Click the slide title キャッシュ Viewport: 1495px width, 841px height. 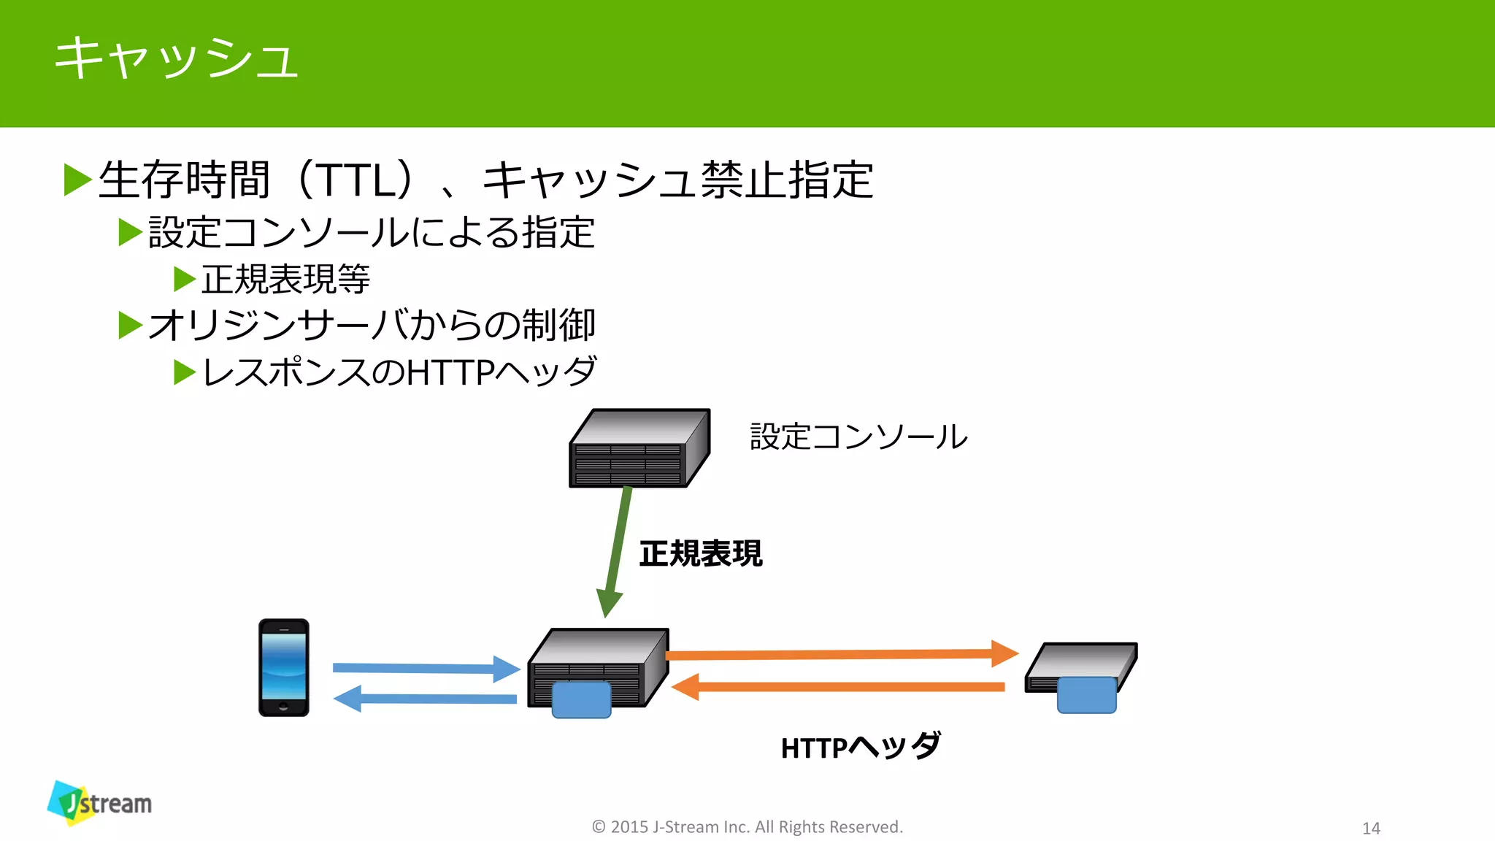175,58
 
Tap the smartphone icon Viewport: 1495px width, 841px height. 284,667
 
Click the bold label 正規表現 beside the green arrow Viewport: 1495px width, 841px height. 701,553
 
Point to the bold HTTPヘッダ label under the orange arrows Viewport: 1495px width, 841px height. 860,747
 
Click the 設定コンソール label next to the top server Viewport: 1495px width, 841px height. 858,437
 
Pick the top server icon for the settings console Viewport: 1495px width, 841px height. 639,448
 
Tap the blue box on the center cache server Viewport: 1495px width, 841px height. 581,699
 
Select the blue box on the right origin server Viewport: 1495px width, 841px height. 1086,694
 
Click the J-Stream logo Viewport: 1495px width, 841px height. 99,803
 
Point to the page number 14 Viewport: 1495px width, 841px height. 1371,828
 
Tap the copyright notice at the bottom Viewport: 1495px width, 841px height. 747,826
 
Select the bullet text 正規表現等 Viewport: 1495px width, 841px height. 285,280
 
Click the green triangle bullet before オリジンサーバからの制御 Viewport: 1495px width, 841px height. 130,325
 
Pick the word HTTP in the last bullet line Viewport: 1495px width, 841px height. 450,372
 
